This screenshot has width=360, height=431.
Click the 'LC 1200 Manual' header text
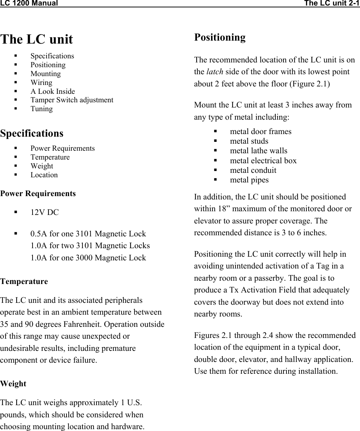(29, 4)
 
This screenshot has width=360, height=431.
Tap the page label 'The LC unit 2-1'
(332, 4)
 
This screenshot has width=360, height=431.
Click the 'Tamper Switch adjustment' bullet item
(72, 100)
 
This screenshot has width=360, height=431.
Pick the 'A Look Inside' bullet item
(52, 91)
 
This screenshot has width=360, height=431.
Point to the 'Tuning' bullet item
(41, 109)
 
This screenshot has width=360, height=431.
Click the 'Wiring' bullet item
(41, 82)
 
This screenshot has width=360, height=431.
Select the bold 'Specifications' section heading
(32, 133)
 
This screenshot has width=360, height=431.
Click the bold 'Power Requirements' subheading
(38, 194)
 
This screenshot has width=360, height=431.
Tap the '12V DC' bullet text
(44, 212)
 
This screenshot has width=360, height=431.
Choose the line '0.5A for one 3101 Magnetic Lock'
(88, 234)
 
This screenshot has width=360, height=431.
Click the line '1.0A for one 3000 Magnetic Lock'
(88, 257)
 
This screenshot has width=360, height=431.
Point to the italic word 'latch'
(214, 72)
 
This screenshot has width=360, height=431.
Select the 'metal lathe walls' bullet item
(258, 151)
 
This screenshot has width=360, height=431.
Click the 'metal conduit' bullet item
(253, 170)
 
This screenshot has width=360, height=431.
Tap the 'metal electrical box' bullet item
(263, 160)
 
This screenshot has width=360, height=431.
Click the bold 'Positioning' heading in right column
(220, 37)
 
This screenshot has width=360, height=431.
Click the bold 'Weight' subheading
(13, 384)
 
